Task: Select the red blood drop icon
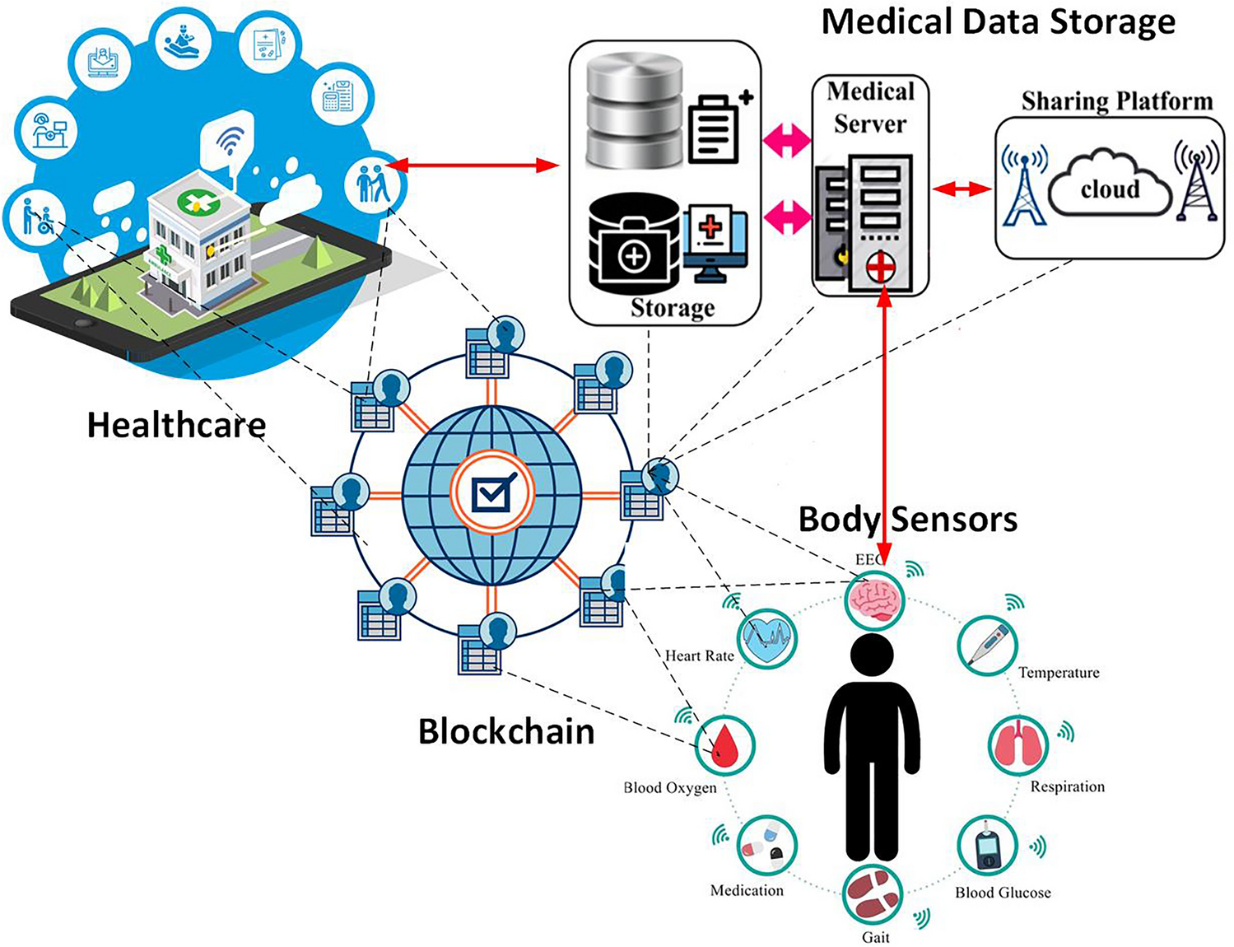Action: [725, 745]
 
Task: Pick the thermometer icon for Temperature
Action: [988, 646]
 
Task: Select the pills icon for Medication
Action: [766, 846]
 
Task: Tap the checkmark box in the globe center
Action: [492, 494]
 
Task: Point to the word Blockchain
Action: [506, 731]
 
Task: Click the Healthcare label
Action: [176, 425]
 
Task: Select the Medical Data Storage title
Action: [998, 21]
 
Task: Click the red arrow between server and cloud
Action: [962, 189]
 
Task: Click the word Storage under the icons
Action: [673, 308]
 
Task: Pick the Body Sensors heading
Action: [908, 520]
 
